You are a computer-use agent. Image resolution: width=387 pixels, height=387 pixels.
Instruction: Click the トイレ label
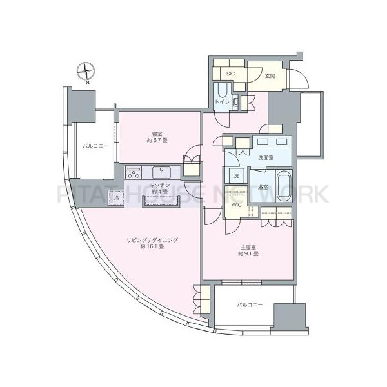pos(221,102)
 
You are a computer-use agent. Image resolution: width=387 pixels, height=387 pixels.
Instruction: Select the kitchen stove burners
pos(134,172)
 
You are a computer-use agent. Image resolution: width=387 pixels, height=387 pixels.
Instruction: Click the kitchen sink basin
pos(160,172)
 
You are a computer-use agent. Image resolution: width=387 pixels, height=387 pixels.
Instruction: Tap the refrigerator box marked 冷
pos(117,199)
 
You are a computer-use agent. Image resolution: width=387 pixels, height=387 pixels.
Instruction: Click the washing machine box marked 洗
pos(235,176)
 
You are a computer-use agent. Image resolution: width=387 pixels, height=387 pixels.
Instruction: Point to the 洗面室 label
pos(267,159)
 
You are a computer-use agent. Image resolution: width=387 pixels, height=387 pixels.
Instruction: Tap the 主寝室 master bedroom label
pos(249,246)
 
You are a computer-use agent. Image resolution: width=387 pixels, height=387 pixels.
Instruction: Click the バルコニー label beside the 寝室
pos(95,146)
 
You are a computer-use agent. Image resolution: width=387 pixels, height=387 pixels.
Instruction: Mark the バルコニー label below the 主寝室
pos(249,304)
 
